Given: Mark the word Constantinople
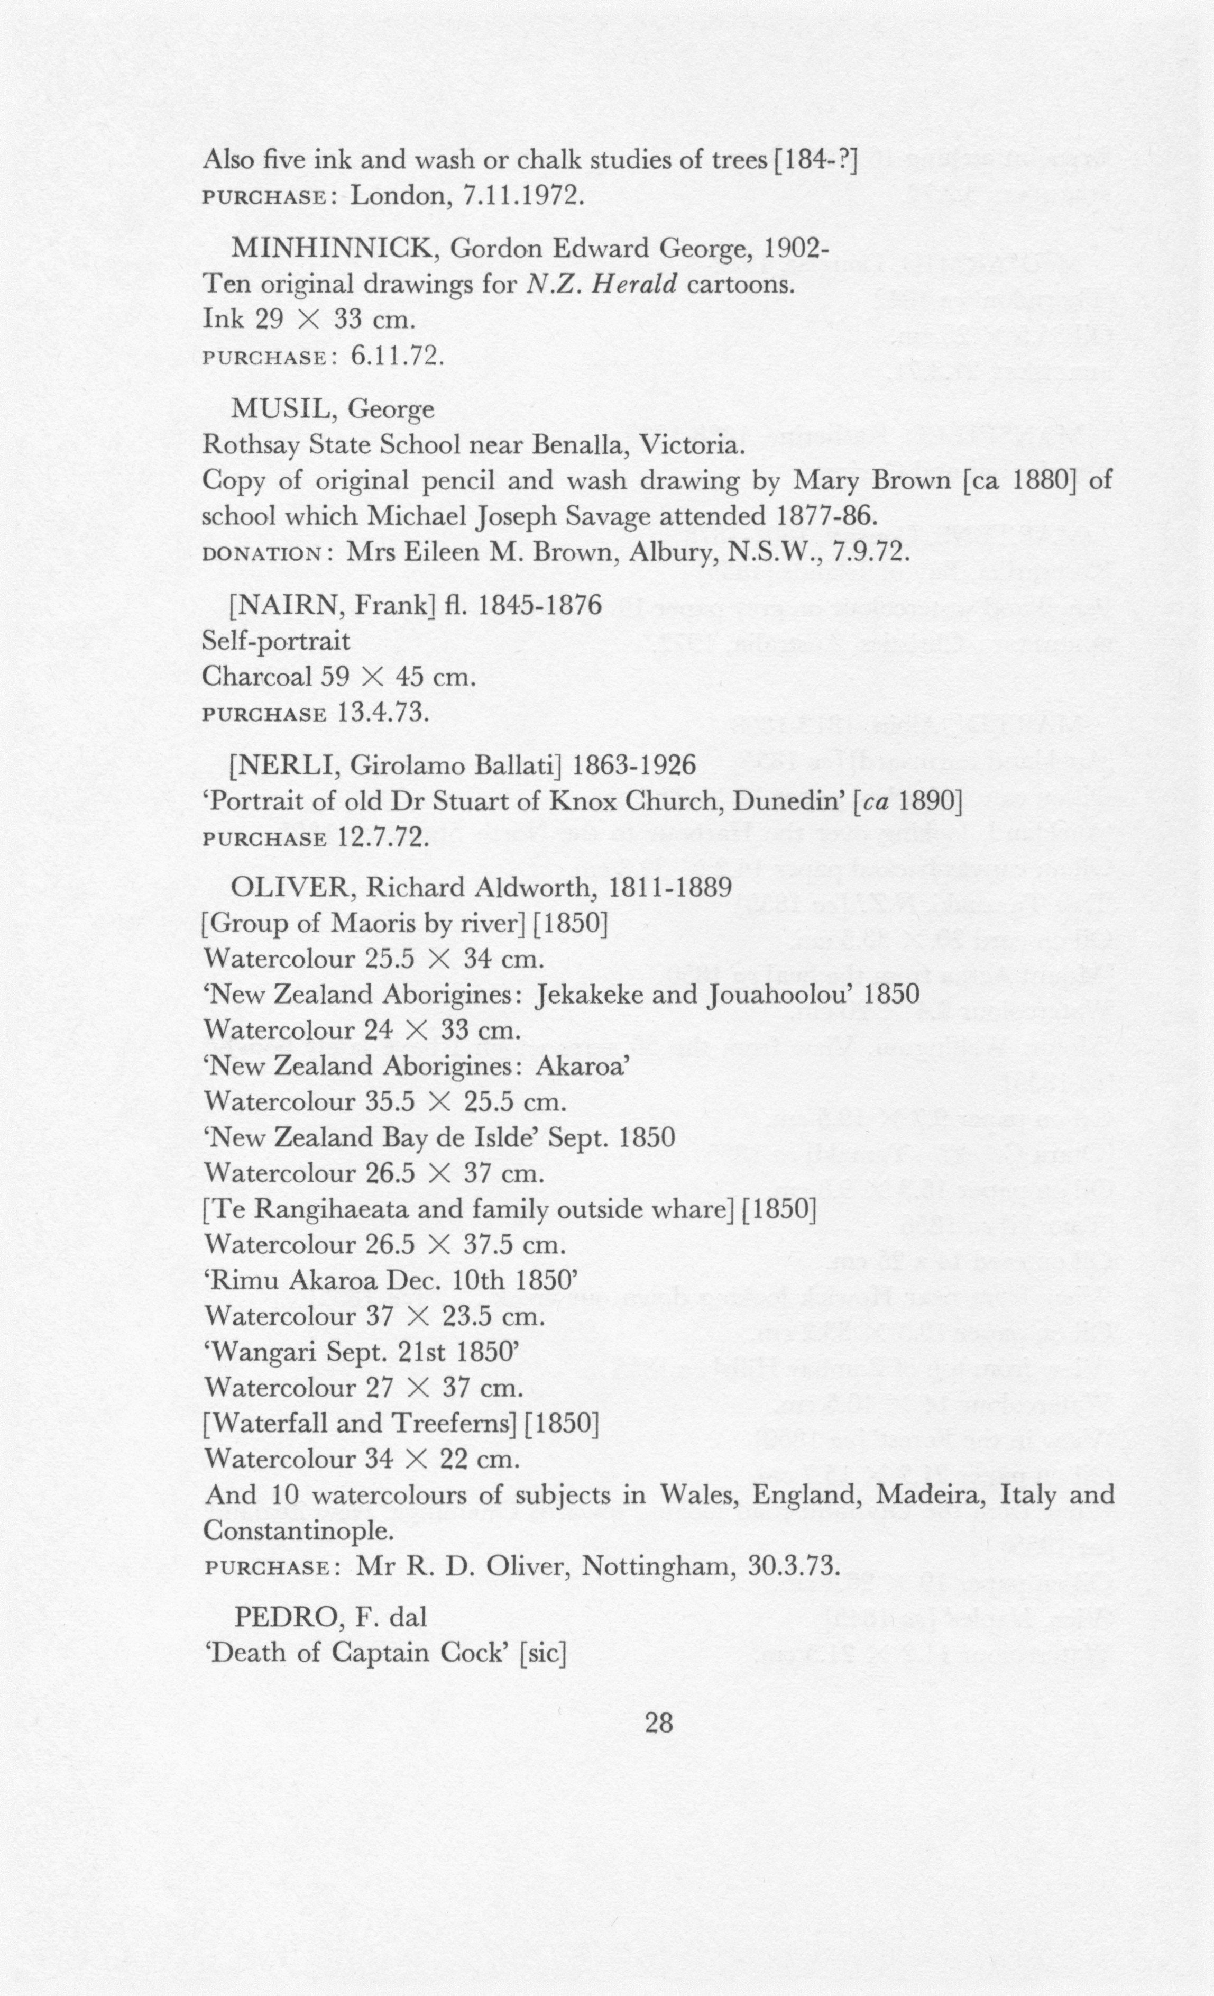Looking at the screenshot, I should [299, 1531].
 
